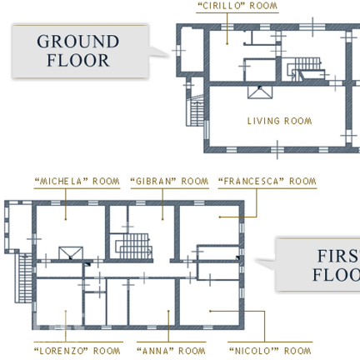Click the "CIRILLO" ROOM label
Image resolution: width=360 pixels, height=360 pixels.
coord(237,6)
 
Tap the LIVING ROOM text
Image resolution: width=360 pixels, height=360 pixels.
coord(279,121)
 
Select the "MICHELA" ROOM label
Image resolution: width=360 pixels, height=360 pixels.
coord(77,182)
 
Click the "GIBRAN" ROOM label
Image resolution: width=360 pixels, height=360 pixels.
coord(169,182)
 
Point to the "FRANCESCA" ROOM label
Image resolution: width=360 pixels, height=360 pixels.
coord(267,182)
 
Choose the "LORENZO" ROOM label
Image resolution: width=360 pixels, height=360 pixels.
coord(77,351)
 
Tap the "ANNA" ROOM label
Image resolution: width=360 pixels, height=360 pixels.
coord(171,351)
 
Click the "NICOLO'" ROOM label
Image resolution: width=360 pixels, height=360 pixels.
coord(270,351)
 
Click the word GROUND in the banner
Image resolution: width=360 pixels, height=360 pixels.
coord(78,42)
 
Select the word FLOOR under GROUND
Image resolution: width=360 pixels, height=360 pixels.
coord(78,61)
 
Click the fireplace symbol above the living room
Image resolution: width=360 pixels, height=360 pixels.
coord(260,92)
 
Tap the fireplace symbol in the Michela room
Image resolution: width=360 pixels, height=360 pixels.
coord(71,253)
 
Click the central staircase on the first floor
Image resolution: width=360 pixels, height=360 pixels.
coord(134,246)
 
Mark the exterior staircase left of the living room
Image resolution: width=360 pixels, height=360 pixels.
coord(195,111)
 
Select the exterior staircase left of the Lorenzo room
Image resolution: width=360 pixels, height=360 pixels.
coord(24,277)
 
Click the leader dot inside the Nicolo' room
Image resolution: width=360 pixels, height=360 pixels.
coord(210,311)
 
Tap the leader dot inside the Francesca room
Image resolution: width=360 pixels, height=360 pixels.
coord(220,217)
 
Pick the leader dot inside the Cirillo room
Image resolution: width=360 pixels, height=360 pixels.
coord(227,43)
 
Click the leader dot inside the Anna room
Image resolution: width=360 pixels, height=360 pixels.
coord(168,311)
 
